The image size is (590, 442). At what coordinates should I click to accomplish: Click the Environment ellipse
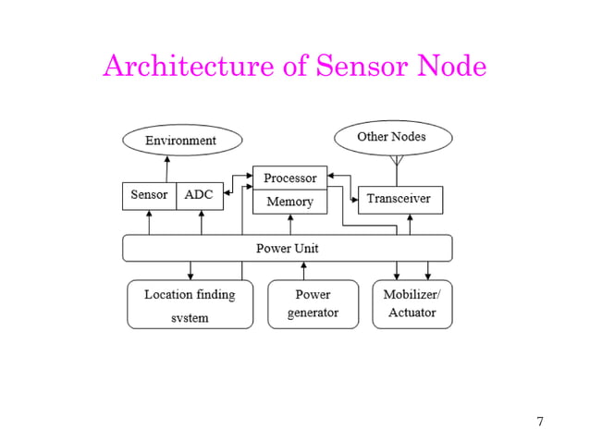[181, 141]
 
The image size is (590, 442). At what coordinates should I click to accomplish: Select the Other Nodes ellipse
[392, 137]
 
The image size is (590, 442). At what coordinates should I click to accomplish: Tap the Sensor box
[149, 195]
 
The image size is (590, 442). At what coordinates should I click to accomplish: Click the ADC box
[199, 195]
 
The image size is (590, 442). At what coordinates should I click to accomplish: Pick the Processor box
[289, 178]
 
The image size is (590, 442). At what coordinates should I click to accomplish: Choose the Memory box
[289, 202]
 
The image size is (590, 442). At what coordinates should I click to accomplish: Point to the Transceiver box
[399, 199]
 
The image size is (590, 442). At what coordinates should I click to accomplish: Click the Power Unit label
[287, 249]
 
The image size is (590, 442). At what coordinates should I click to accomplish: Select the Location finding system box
[190, 304]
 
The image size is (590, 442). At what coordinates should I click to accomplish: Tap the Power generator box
[313, 304]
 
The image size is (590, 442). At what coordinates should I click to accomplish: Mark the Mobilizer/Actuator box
[412, 304]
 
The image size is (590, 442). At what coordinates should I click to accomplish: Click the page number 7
[540, 423]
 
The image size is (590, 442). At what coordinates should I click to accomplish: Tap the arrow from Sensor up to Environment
[166, 168]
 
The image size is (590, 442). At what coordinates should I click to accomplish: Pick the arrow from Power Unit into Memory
[289, 224]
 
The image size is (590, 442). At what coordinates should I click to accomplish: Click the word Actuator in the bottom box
[412, 313]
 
